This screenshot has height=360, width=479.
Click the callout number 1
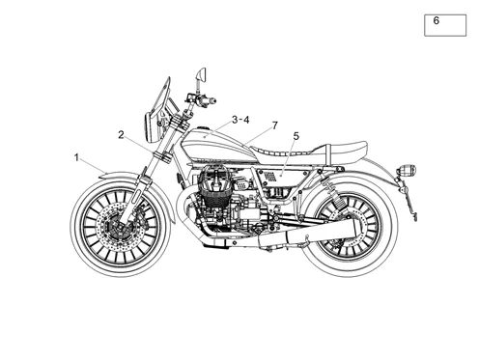[x=76, y=158]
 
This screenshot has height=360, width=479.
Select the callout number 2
[x=121, y=135]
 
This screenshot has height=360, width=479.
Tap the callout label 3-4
[x=240, y=120]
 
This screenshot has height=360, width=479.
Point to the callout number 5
[x=296, y=136]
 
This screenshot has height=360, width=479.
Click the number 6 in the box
[x=437, y=20]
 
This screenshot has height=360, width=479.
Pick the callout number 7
[x=274, y=125]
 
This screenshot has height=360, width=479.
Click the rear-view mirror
[x=201, y=74]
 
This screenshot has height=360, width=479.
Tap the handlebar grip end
[x=211, y=101]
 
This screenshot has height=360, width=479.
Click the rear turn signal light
[x=408, y=170]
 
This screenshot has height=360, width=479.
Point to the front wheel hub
[x=119, y=226]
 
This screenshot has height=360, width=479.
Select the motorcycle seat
[x=309, y=152]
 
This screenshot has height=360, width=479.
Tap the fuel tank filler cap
[x=202, y=128]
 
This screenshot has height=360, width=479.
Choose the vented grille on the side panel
[x=270, y=177]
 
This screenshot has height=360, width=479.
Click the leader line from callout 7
[x=258, y=135]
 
